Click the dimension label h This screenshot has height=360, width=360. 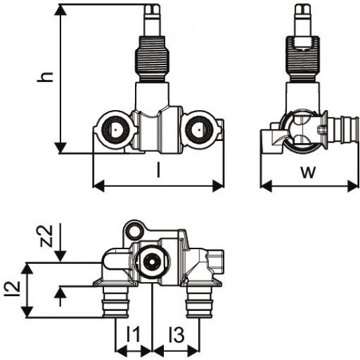tap(46, 77)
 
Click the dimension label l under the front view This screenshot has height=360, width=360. tap(159, 169)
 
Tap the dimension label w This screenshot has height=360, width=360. tap(308, 172)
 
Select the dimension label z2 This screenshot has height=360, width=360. tap(46, 236)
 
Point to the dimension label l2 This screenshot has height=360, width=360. tap(12, 288)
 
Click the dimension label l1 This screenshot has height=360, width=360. tap(133, 334)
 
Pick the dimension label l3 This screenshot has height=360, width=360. tap(177, 334)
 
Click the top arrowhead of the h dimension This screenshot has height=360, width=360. tap(60, 9)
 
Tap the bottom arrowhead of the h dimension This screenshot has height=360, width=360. tap(60, 148)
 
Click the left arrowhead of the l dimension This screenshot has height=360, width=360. tap(99, 186)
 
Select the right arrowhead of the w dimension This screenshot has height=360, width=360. tap(353, 186)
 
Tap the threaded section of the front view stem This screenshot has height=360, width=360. tap(152, 59)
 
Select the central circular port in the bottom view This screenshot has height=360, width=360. tap(152, 262)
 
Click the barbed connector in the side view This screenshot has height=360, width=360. tap(343, 130)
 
